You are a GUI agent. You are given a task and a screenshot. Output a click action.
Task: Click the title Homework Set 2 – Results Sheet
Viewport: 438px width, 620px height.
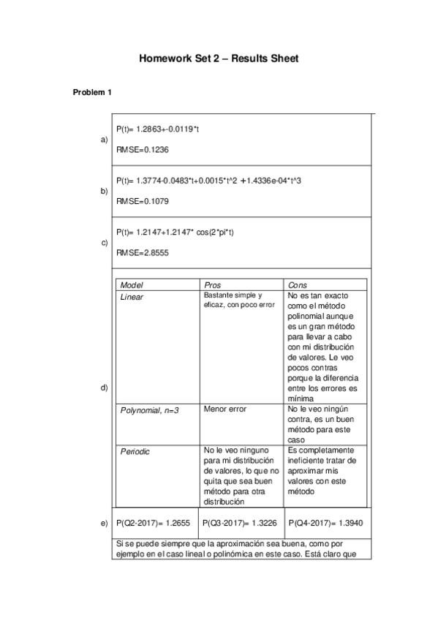tap(219, 58)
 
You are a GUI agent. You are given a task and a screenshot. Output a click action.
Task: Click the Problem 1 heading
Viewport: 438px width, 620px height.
tap(92, 92)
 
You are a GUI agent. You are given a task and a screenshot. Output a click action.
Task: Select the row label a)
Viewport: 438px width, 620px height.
tap(104, 139)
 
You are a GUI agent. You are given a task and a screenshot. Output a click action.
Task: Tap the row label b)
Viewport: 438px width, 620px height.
tap(104, 191)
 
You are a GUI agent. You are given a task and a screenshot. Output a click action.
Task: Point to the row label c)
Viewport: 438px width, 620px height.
tap(104, 242)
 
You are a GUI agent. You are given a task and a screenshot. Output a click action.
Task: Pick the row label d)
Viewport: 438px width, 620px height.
tap(104, 387)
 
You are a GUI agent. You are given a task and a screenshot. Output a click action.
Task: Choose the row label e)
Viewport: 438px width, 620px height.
tap(104, 523)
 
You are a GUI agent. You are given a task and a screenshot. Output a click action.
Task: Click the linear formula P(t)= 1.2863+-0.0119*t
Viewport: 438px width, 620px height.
tap(158, 129)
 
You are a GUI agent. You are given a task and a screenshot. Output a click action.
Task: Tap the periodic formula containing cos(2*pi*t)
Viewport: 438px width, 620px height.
tap(175, 232)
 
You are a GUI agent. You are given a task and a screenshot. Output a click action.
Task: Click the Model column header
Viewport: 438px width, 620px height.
tap(132, 284)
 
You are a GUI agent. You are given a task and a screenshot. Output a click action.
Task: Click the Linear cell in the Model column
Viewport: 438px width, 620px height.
tap(132, 297)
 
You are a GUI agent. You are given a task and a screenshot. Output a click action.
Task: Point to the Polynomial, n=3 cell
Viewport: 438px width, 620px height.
tap(149, 410)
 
